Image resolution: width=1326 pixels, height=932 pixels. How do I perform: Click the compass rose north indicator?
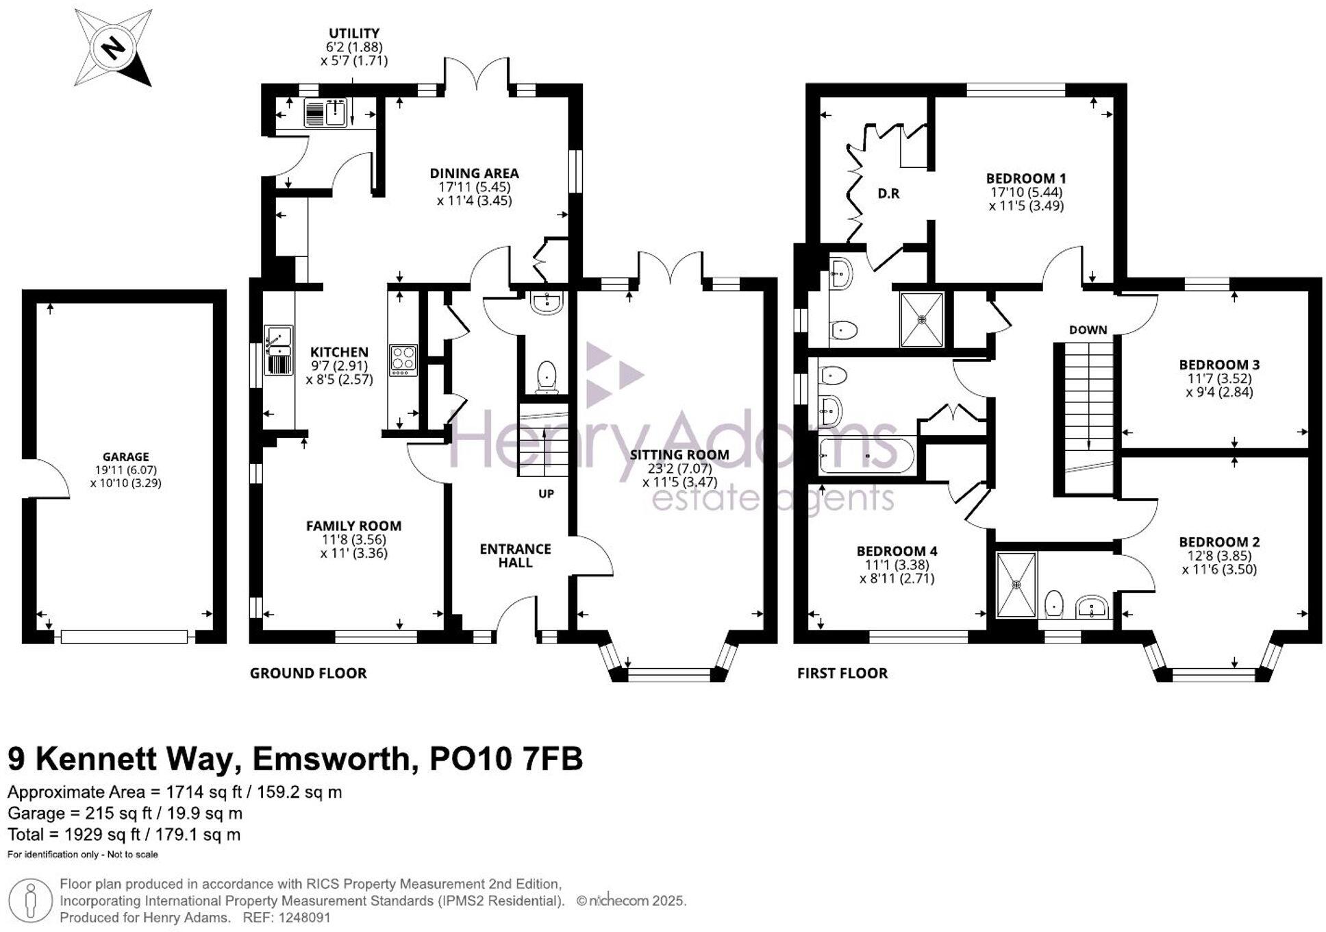(x=113, y=48)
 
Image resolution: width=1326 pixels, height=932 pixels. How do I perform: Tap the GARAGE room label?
(x=125, y=457)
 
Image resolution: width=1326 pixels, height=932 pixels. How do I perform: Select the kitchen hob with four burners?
(x=403, y=359)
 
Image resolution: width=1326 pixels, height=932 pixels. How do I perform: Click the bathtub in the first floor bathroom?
(x=866, y=456)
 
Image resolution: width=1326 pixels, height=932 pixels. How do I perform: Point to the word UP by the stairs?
(x=546, y=493)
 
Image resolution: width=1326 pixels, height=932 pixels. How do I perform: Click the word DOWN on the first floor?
(x=1088, y=330)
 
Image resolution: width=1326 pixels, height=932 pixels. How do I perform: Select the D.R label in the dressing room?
(x=888, y=194)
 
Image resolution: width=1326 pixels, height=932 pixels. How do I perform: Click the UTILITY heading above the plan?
(x=354, y=33)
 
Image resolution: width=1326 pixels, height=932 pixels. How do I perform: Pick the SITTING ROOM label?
(x=679, y=454)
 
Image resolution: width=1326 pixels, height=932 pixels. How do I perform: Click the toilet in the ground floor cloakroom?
(x=546, y=376)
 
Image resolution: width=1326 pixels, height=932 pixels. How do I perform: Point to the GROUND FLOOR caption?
(x=308, y=673)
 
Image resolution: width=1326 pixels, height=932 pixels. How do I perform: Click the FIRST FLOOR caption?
(x=842, y=673)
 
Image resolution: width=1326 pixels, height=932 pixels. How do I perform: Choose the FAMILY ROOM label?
(x=353, y=526)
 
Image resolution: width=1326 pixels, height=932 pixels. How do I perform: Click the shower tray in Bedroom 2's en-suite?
(x=1016, y=584)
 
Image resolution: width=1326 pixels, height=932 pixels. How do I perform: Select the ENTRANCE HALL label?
(x=515, y=556)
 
